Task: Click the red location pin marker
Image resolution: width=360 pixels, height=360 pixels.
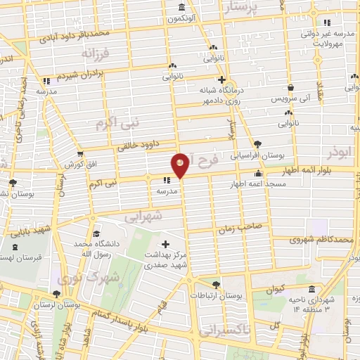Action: (181, 165)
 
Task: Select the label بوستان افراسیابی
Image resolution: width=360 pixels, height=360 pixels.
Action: (258, 154)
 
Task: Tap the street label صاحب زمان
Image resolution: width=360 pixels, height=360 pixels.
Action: (244, 226)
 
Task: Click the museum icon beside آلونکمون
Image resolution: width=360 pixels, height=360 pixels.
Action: (182, 8)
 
